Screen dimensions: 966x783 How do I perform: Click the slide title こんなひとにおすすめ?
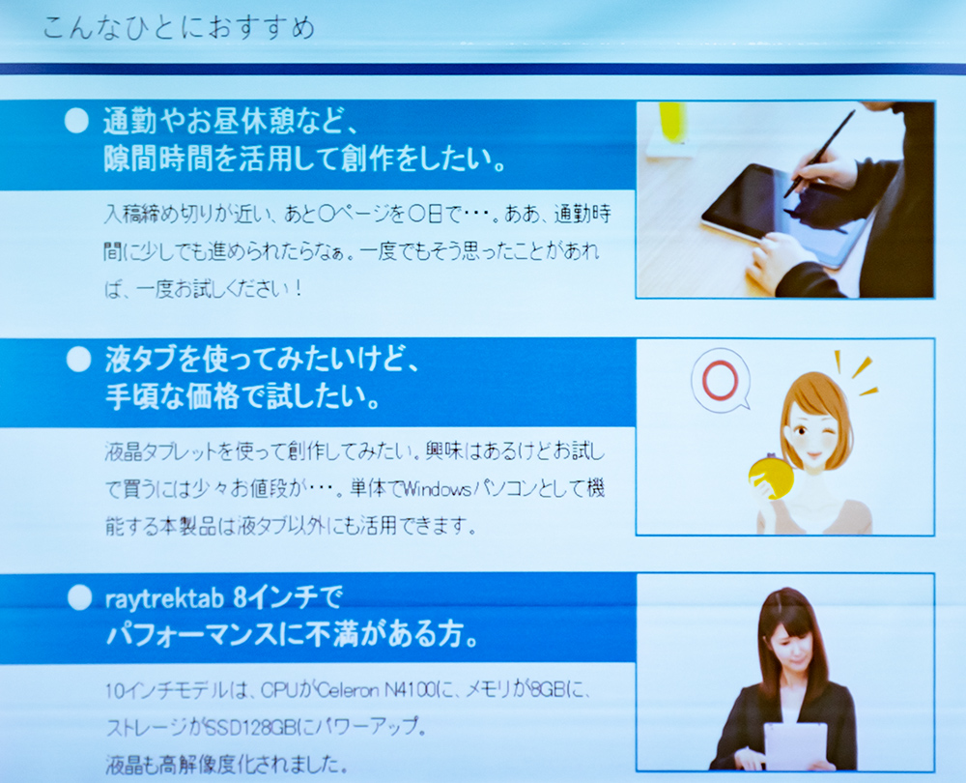point(179,28)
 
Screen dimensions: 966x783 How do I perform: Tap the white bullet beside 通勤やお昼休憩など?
point(76,122)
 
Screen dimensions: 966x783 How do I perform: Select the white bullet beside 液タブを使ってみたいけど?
point(78,360)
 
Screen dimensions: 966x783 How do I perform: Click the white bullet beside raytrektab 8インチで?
point(79,597)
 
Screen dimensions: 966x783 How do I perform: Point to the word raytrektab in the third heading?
point(164,598)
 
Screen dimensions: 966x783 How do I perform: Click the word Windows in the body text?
point(437,489)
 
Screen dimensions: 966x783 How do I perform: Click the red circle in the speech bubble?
point(720,381)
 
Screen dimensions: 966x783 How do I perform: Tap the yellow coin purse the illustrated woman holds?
point(771,477)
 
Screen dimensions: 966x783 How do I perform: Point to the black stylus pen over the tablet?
point(819,154)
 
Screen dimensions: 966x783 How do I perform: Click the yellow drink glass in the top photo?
point(671,124)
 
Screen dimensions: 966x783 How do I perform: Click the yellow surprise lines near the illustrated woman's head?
point(855,372)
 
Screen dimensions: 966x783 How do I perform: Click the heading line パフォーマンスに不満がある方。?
point(293,634)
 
